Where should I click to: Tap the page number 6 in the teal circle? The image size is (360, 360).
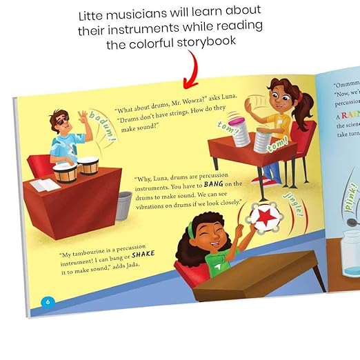pyautogui.click(x=48, y=301)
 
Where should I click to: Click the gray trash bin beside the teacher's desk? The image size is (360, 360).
pyautogui.click(x=123, y=205)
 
